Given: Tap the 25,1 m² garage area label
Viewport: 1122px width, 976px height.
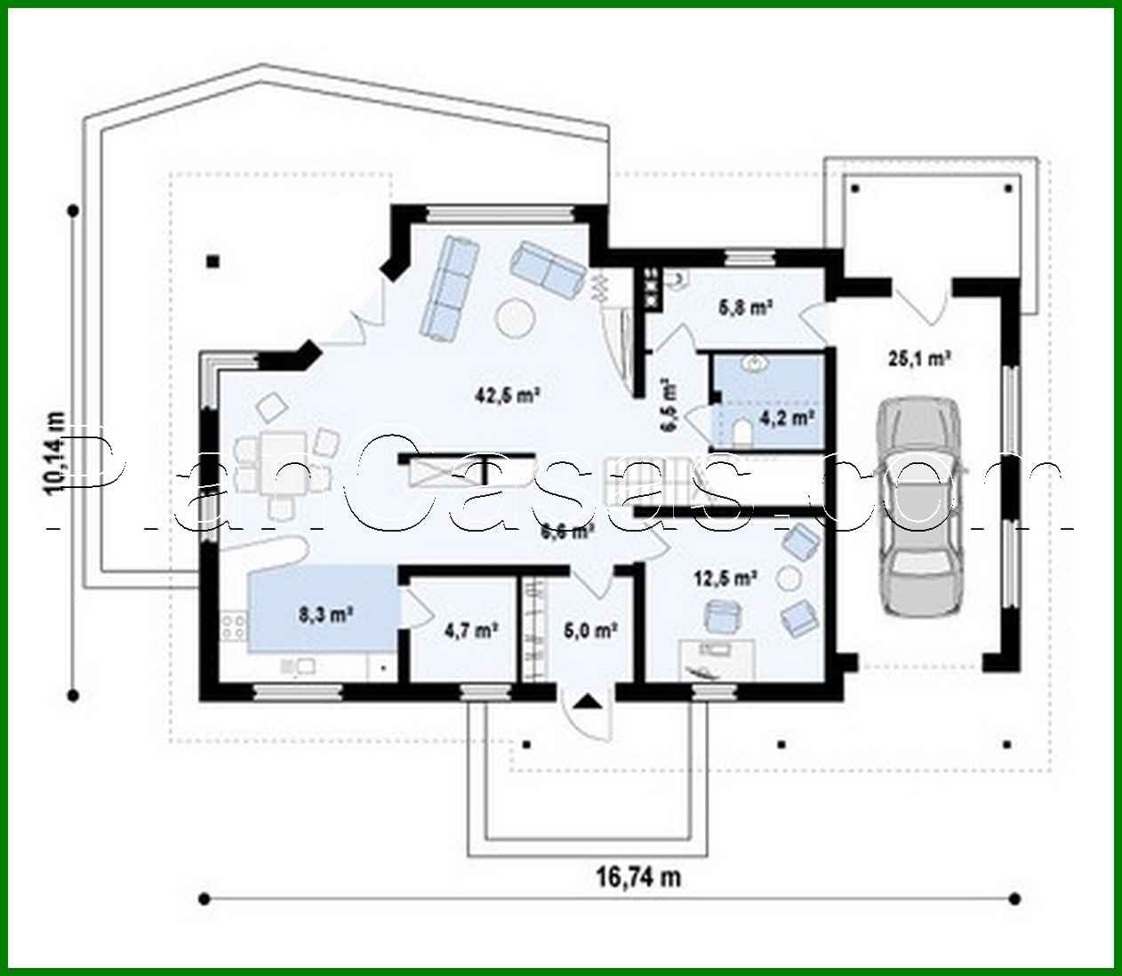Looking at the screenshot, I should pyautogui.click(x=920, y=358).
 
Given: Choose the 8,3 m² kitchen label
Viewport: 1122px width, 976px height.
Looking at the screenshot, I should pyautogui.click(x=322, y=612).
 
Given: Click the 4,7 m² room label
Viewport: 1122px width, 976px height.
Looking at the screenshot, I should pyautogui.click(x=469, y=630).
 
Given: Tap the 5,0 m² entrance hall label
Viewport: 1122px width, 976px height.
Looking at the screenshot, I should pyautogui.click(x=590, y=630).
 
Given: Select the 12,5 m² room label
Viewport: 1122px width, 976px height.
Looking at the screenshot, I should pyautogui.click(x=725, y=579).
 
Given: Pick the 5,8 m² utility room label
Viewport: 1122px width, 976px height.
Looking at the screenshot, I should pyautogui.click(x=744, y=308).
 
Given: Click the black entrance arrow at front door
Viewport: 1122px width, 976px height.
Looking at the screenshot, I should pyautogui.click(x=586, y=702).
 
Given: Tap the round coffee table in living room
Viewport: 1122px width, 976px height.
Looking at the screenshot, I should pyautogui.click(x=514, y=317).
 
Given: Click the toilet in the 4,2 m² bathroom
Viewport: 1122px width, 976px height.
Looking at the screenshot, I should pyautogui.click(x=741, y=432).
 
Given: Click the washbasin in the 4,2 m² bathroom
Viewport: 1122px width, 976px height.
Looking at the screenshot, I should pyautogui.click(x=758, y=364).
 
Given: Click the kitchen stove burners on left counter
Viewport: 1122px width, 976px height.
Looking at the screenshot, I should pyautogui.click(x=235, y=623).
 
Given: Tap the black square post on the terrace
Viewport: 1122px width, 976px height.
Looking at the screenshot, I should pyautogui.click(x=212, y=260).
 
